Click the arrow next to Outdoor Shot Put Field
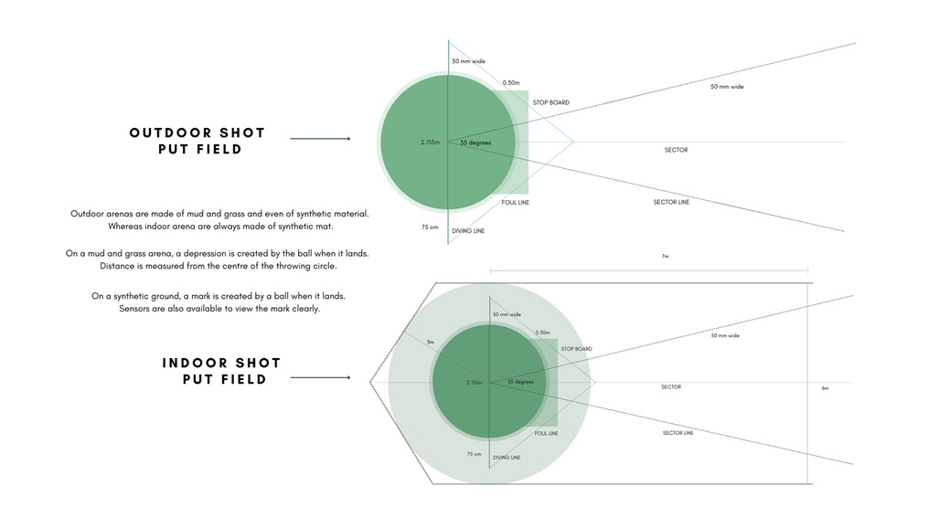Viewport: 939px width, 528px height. click(x=320, y=139)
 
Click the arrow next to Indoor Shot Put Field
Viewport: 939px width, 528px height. click(x=320, y=378)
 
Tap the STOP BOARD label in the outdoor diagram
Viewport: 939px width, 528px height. click(x=551, y=103)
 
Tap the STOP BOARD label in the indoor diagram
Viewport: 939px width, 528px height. click(x=576, y=349)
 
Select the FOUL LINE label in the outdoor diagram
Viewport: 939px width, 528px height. click(x=515, y=203)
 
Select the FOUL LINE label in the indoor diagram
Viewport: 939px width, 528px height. click(x=546, y=433)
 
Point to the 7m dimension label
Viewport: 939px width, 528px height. click(x=665, y=256)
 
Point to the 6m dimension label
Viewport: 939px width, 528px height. click(x=825, y=388)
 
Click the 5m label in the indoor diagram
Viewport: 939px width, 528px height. click(x=430, y=343)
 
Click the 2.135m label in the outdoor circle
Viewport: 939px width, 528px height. click(x=430, y=143)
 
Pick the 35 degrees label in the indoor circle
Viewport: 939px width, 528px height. click(x=520, y=382)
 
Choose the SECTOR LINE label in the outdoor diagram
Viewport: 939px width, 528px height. click(x=671, y=203)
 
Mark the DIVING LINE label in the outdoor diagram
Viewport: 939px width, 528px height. click(x=468, y=231)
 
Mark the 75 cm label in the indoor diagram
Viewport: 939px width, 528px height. click(x=474, y=454)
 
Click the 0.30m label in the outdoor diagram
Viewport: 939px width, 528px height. click(x=511, y=83)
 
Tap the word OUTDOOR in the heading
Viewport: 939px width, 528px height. click(x=169, y=132)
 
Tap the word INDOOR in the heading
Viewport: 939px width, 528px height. click(x=194, y=364)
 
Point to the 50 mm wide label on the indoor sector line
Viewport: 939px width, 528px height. click(x=725, y=336)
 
